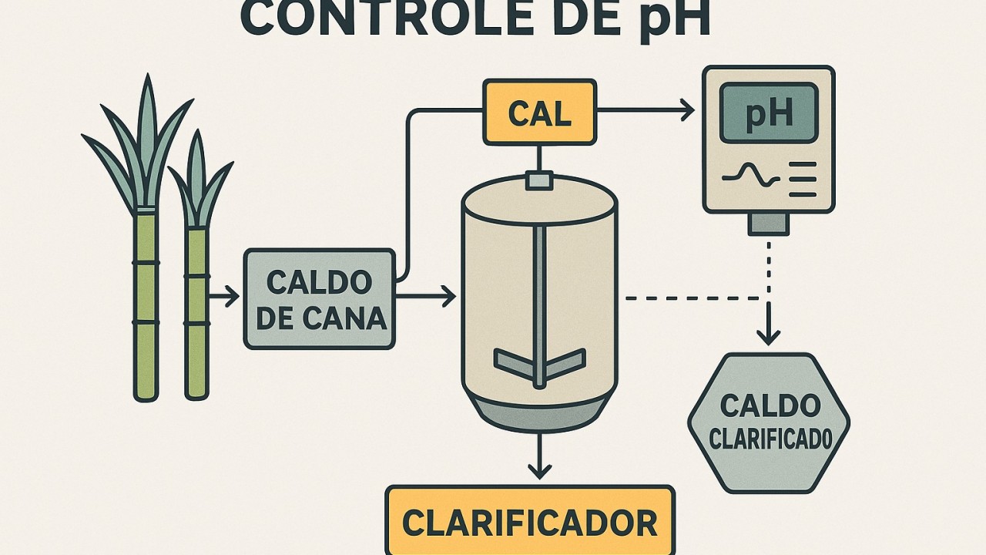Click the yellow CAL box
539,113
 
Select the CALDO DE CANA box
319,299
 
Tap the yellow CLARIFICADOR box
530,522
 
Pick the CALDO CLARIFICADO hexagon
768,422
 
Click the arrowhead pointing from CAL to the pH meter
686,113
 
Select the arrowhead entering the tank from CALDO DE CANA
449,296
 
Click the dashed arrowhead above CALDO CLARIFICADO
768,336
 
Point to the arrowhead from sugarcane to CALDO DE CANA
232,296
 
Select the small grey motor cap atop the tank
539,180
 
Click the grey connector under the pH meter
769,224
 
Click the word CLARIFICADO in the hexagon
770,439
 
